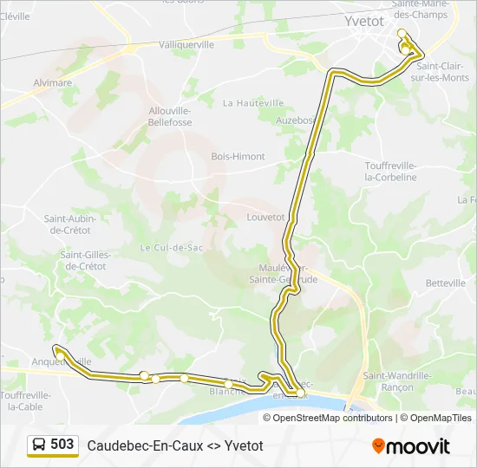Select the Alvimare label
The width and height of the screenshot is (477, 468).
tap(53, 83)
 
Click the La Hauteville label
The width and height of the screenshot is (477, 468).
tap(253, 103)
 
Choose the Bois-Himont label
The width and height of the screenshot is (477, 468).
tap(238, 157)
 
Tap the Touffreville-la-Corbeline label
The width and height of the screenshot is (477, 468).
tap(390, 172)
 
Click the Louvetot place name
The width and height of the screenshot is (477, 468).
tap(265, 218)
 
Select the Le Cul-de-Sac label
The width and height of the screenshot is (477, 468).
tap(171, 247)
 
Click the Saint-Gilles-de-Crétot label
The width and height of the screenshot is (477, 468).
tap(83, 260)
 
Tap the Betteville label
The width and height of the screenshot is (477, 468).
tap(446, 283)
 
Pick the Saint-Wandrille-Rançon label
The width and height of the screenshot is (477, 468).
tap(397, 381)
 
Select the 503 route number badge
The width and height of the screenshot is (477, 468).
tap(62, 445)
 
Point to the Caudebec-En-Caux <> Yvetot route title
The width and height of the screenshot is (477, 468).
tap(174, 445)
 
